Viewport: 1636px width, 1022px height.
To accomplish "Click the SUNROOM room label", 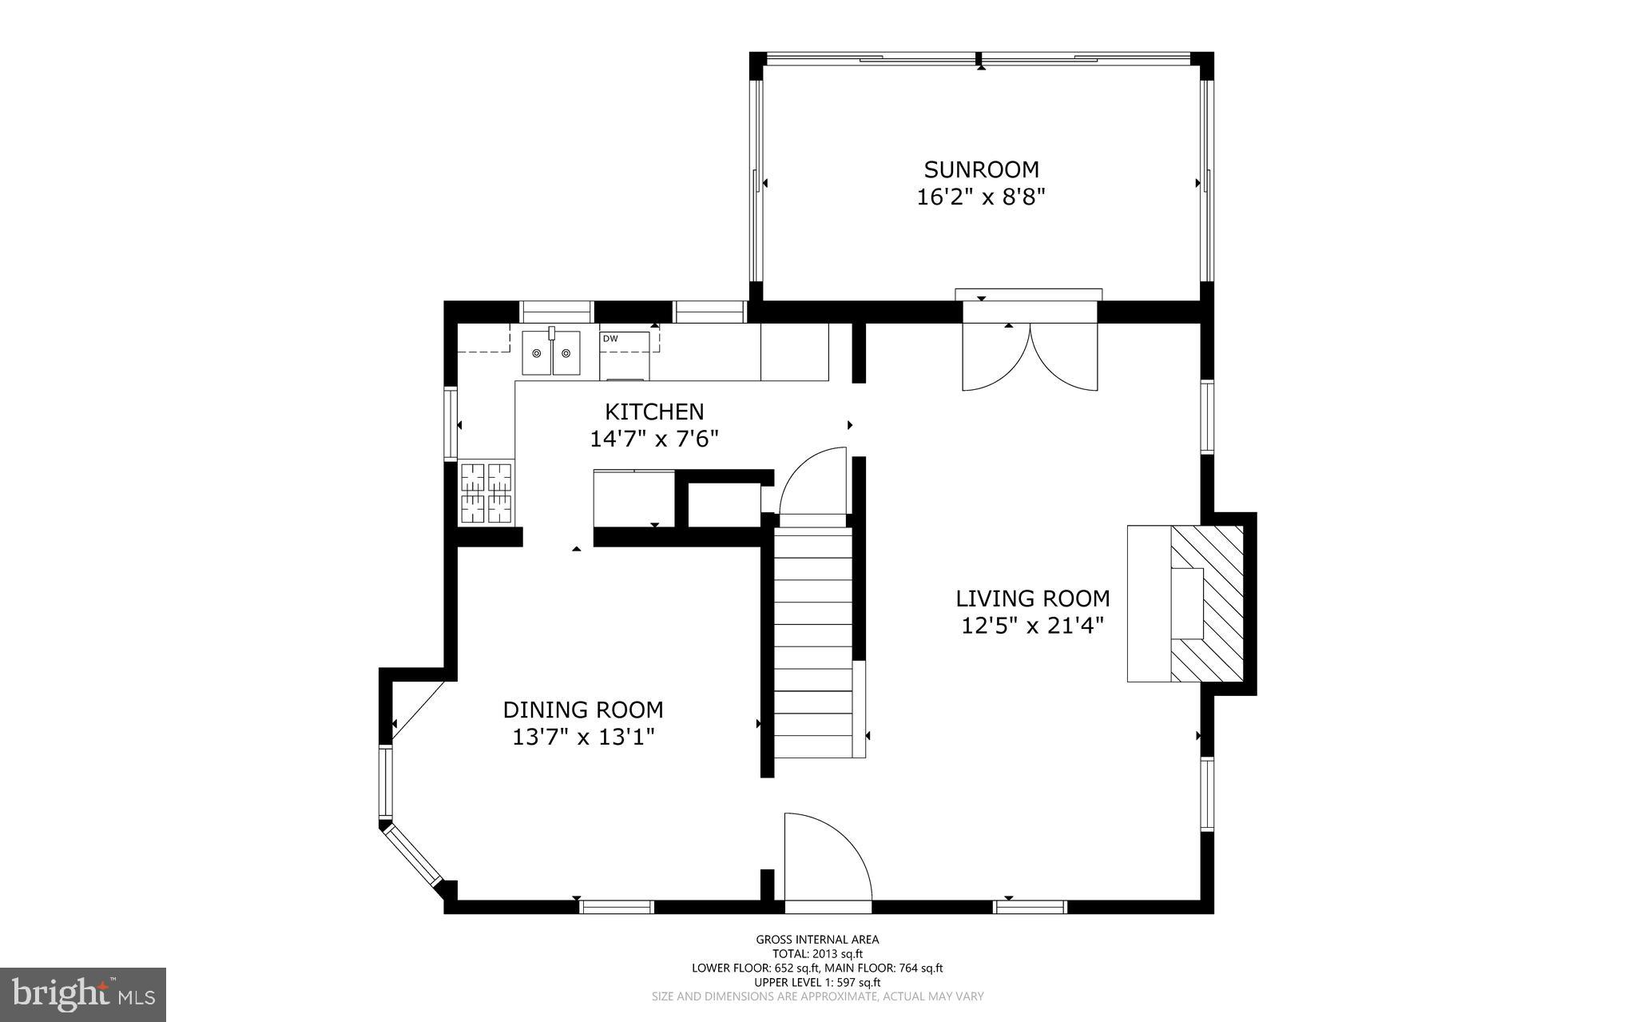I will [x=981, y=169].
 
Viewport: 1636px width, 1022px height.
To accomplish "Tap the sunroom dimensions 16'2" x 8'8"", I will [x=981, y=197].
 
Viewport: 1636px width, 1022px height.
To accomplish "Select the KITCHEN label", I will [x=654, y=412].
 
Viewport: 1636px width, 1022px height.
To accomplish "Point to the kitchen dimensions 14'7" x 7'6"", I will [x=654, y=439].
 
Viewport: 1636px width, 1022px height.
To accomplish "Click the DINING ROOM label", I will [x=583, y=710].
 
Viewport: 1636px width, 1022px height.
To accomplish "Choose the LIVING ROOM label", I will [x=1033, y=598].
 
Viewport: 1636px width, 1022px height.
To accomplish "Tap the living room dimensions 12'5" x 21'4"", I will [x=1033, y=626].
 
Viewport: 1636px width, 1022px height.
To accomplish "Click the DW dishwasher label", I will [x=610, y=339].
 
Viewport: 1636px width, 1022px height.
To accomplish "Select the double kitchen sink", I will [x=551, y=353].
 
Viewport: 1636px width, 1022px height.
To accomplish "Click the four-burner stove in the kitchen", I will [x=486, y=493].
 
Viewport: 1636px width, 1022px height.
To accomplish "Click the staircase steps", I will [x=813, y=643].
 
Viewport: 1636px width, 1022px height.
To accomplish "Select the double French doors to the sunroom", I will [x=1030, y=357].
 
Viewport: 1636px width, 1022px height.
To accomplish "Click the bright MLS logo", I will [x=83, y=993].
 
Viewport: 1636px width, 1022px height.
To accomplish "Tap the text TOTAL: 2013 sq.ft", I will [x=817, y=953].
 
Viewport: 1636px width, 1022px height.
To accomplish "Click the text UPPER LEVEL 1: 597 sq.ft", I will [x=817, y=982].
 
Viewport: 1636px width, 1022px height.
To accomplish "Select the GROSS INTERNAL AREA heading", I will [x=817, y=940].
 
